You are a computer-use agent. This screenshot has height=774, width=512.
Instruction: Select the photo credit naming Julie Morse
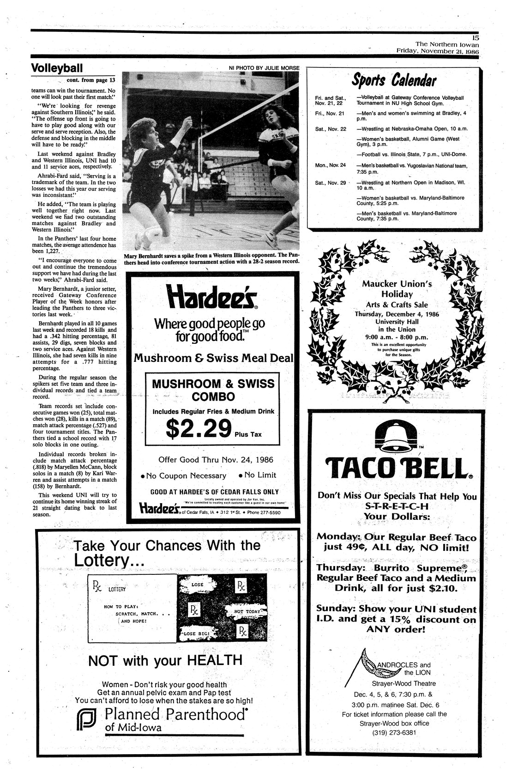click(264, 68)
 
